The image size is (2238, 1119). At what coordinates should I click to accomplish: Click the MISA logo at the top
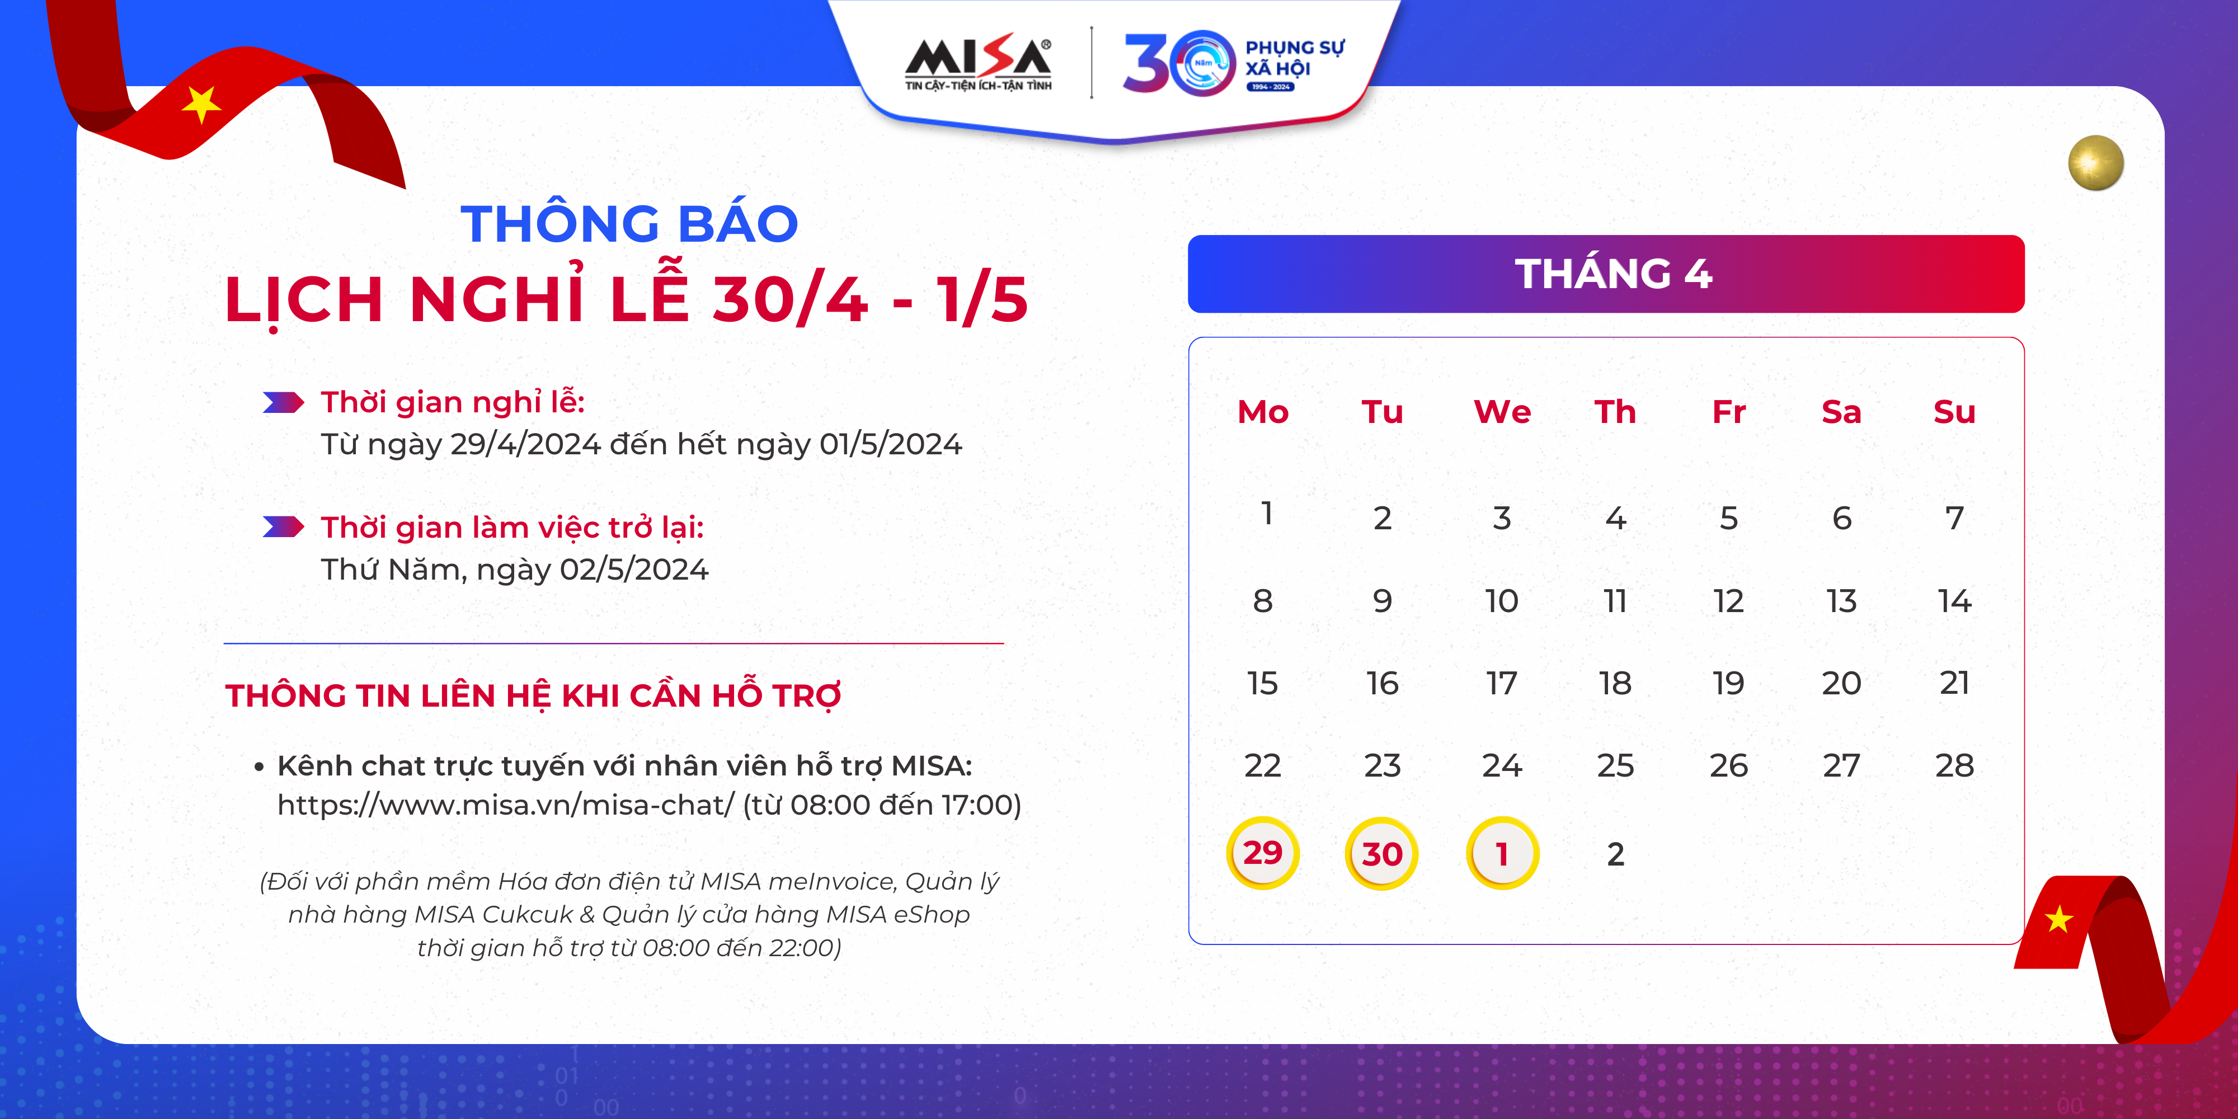[978, 63]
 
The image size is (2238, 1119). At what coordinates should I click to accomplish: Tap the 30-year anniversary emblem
[1234, 63]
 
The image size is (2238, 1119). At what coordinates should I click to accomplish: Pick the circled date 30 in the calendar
[1381, 853]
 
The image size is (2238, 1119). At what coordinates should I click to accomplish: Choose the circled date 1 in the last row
[1502, 853]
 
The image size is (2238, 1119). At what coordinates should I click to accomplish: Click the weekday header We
[1502, 412]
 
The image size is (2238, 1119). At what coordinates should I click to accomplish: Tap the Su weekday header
[1955, 412]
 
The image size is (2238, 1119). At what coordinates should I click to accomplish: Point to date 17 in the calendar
[1501, 683]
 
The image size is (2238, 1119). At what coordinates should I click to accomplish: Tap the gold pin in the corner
[2095, 162]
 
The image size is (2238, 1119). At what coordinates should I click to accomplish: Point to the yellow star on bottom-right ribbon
[2059, 918]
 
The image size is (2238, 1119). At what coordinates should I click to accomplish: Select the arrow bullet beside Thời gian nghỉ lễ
[283, 402]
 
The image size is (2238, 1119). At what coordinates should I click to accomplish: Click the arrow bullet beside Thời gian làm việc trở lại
[283, 526]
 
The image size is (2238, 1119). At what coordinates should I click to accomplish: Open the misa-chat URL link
[506, 805]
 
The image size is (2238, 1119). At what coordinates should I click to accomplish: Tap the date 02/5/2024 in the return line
[634, 570]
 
